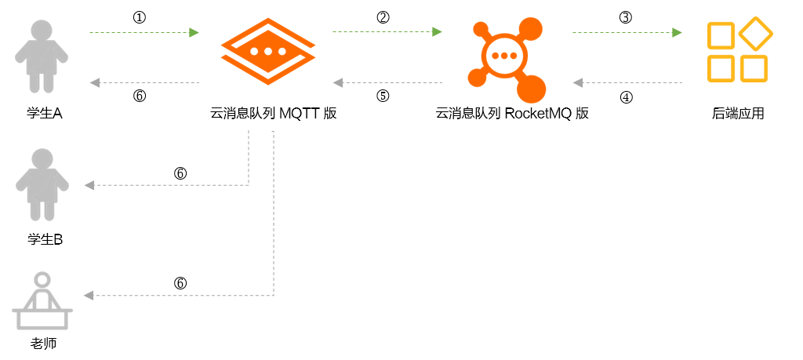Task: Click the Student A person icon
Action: (x=41, y=56)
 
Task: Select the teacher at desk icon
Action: (x=42, y=300)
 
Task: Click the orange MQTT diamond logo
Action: (x=268, y=51)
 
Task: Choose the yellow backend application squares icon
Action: (x=739, y=49)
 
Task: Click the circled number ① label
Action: (x=140, y=17)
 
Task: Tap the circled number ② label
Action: (x=383, y=17)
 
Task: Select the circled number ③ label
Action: (x=625, y=17)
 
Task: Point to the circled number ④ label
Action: (x=626, y=96)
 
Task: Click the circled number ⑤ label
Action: (x=383, y=96)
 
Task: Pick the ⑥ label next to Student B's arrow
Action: (x=180, y=173)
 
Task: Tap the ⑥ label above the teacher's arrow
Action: (x=180, y=283)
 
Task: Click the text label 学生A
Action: (x=45, y=113)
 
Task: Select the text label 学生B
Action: (x=45, y=239)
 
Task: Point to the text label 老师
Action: (x=43, y=343)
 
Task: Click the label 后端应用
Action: (x=738, y=113)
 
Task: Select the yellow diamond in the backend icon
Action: (x=756, y=34)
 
